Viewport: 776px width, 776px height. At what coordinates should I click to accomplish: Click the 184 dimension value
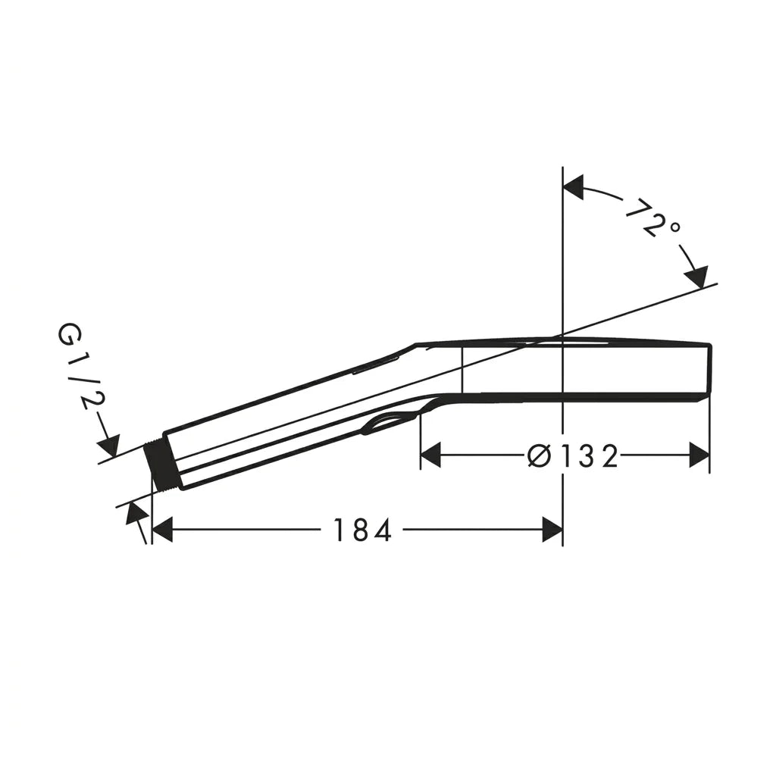coord(363,530)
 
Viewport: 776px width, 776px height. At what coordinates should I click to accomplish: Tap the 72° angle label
coord(652,217)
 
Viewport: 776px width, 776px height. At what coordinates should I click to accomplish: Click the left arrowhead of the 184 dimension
coord(162,530)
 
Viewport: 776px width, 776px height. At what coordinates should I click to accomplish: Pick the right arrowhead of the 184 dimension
coord(552,530)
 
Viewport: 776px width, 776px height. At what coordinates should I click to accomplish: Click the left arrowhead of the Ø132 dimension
coord(430,455)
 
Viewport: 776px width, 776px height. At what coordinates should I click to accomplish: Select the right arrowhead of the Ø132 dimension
coord(699,455)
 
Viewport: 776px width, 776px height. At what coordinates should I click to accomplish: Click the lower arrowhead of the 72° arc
coord(697,277)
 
